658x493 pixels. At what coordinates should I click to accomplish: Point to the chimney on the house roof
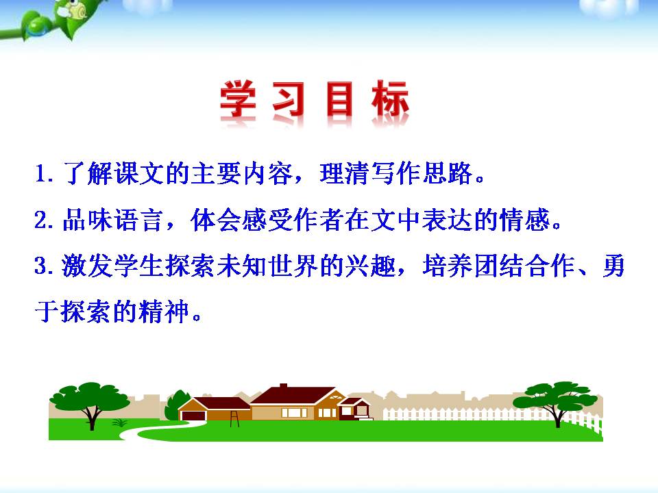click(x=283, y=388)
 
